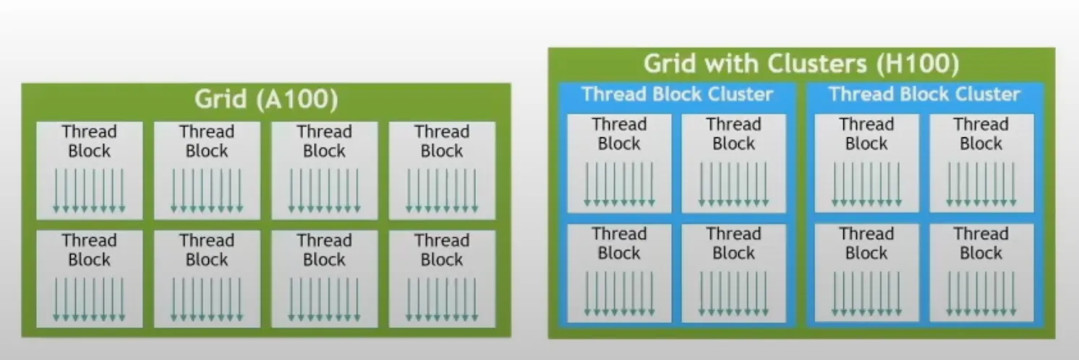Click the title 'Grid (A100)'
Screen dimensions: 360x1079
pyautogui.click(x=265, y=100)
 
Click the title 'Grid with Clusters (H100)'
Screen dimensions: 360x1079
pyautogui.click(x=801, y=64)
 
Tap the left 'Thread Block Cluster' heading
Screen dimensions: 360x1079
pyautogui.click(x=677, y=95)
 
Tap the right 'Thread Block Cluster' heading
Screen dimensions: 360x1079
pyautogui.click(x=924, y=95)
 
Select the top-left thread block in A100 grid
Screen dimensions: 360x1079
pyautogui.click(x=89, y=170)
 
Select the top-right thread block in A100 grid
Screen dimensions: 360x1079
pyautogui.click(x=442, y=170)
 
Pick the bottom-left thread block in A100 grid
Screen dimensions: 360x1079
pyautogui.click(x=89, y=278)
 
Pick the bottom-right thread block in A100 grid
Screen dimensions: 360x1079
pyautogui.click(x=442, y=278)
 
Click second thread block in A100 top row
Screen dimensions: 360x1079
pyautogui.click(x=207, y=170)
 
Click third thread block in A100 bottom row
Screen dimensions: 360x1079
pyautogui.click(x=324, y=278)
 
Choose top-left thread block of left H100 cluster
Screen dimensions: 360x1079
pyautogui.click(x=619, y=163)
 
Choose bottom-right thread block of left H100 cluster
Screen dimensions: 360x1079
pyautogui.click(x=733, y=273)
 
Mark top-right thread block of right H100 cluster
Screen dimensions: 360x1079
pyautogui.click(x=981, y=163)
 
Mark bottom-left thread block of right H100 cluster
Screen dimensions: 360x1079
pyautogui.click(x=866, y=273)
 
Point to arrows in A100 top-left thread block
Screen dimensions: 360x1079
pyautogui.click(x=89, y=190)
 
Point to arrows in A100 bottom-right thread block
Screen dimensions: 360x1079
pyautogui.click(x=442, y=299)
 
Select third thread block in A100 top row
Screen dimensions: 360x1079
pyautogui.click(x=324, y=170)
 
